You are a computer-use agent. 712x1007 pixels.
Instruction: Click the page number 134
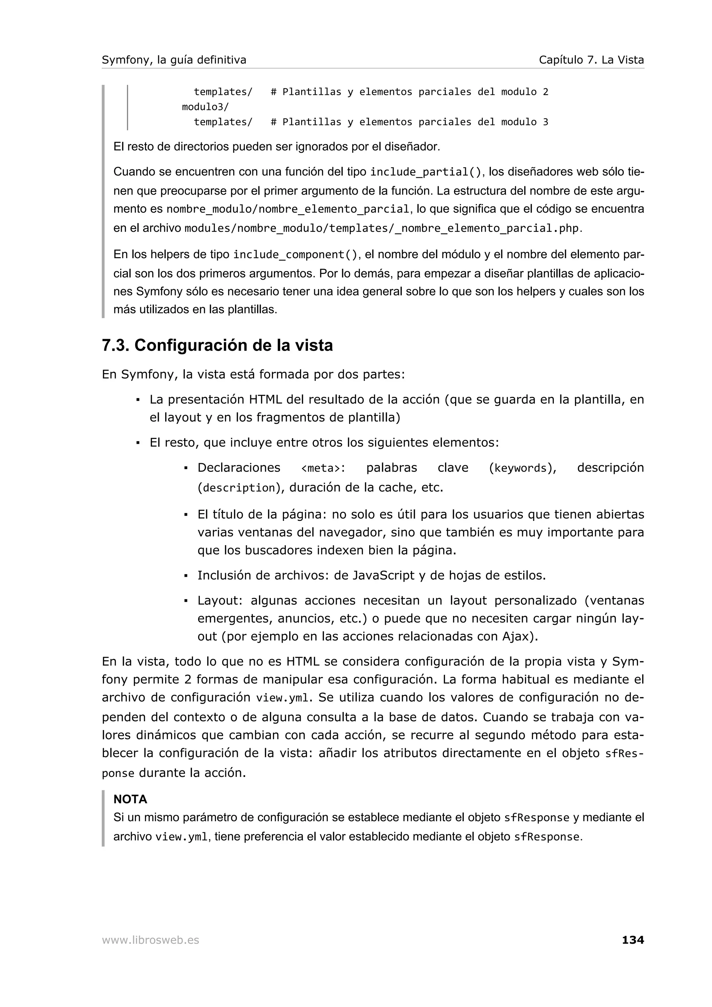[x=632, y=940]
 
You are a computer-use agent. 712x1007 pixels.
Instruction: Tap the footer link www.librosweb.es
[x=150, y=940]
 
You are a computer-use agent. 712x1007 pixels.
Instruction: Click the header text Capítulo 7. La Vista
[x=591, y=60]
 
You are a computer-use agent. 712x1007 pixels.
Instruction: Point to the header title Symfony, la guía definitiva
[x=174, y=60]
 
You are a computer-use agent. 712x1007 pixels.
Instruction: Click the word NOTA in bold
[x=130, y=799]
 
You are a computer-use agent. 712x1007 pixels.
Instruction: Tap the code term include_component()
[x=295, y=255]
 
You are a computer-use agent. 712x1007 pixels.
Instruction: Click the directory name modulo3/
[x=205, y=107]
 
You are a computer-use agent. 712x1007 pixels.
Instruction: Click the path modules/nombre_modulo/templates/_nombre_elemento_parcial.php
[x=382, y=229]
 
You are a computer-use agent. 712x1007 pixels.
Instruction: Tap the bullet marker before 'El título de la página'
[x=186, y=515]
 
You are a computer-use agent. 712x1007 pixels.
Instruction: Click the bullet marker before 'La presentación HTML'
[x=138, y=400]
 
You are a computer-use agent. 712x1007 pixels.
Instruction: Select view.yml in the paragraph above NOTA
[x=283, y=698]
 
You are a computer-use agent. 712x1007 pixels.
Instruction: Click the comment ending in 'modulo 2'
[x=409, y=92]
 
